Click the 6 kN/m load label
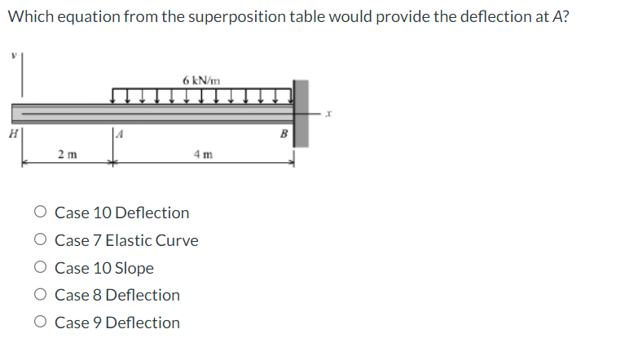(201, 80)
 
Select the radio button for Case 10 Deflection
(40, 213)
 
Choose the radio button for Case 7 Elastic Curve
(40, 241)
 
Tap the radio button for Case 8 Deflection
(40, 296)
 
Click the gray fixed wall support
(301, 113)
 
